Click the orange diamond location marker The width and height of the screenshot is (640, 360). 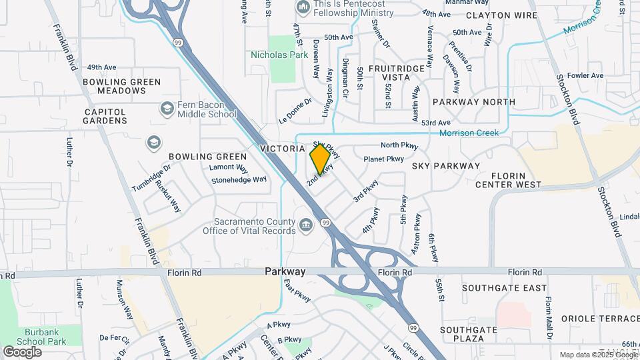tap(321, 160)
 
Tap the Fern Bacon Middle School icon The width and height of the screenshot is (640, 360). tap(166, 108)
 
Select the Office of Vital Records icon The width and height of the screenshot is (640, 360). tap(306, 226)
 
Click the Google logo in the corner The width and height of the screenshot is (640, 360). tap(22, 351)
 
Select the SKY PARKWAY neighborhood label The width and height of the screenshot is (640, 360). tap(446, 165)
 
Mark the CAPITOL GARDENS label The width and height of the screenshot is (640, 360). tap(105, 116)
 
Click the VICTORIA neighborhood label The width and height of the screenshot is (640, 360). tap(282, 148)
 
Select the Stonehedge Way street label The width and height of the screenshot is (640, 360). tap(239, 179)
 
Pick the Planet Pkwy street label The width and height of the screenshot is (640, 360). tap(383, 159)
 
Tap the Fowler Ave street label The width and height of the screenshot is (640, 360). tap(585, 75)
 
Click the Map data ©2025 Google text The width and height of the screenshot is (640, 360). tap(597, 355)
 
